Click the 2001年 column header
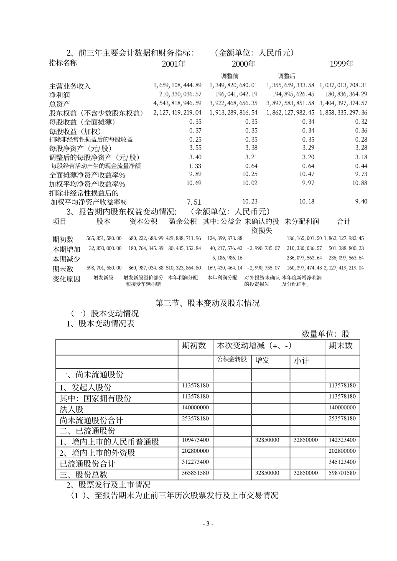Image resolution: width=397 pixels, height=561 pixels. pyautogui.click(x=173, y=64)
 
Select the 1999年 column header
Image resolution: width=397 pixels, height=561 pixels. pyautogui.click(x=341, y=64)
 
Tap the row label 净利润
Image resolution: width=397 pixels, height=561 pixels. pyautogui.click(x=59, y=95)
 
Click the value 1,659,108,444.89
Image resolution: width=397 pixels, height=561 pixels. pyautogui.click(x=178, y=85)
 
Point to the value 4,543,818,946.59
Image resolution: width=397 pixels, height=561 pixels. pyautogui.click(x=178, y=103)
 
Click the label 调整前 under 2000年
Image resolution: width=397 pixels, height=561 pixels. pyautogui.click(x=230, y=76)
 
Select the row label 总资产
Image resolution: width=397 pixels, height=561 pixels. pyautogui.click(x=59, y=104)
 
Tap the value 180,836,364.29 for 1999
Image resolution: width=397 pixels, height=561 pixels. pyautogui.click(x=343, y=94)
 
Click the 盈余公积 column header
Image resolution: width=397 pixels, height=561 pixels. pyautogui.click(x=183, y=221)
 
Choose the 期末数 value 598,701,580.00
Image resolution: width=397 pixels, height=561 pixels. pyautogui.click(x=104, y=268)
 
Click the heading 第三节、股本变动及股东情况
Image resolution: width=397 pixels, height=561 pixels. pyautogui.click(x=207, y=303)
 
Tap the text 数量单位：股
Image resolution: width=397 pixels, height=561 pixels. pyautogui.click(x=326, y=334)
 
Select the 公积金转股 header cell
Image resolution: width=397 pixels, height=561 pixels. pyautogui.click(x=232, y=359)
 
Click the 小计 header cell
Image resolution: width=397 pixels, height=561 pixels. pyautogui.click(x=301, y=360)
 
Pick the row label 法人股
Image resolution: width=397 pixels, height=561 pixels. pyautogui.click(x=71, y=409)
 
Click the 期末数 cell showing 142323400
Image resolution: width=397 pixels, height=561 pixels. pyautogui.click(x=342, y=440)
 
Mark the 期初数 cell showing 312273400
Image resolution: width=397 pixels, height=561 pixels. pyautogui.click(x=195, y=462)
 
